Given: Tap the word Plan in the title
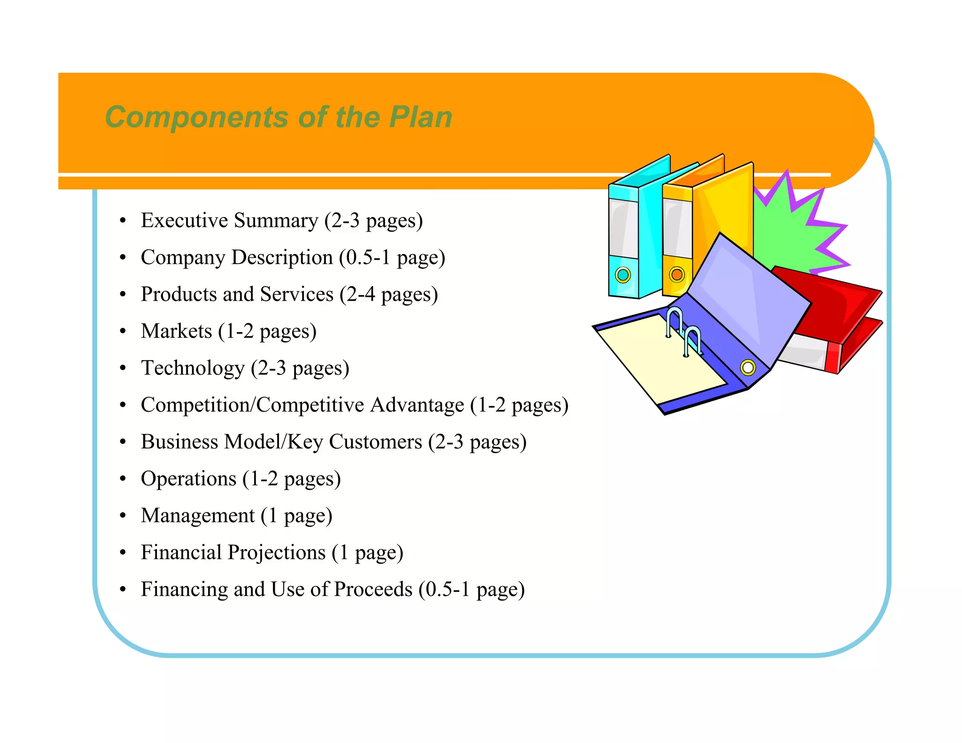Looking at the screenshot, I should (420, 117).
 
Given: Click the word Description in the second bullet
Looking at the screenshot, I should (282, 257).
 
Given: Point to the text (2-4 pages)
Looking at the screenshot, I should (389, 295).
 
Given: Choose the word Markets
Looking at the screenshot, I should (177, 331).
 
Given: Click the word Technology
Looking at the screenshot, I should (193, 369).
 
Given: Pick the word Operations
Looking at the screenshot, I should (188, 479).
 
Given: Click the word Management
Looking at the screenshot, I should (198, 516).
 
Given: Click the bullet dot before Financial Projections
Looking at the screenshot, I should (123, 553).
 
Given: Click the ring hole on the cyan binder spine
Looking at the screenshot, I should (623, 274).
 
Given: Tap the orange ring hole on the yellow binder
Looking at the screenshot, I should (677, 274).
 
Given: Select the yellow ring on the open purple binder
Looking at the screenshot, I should (748, 367).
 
